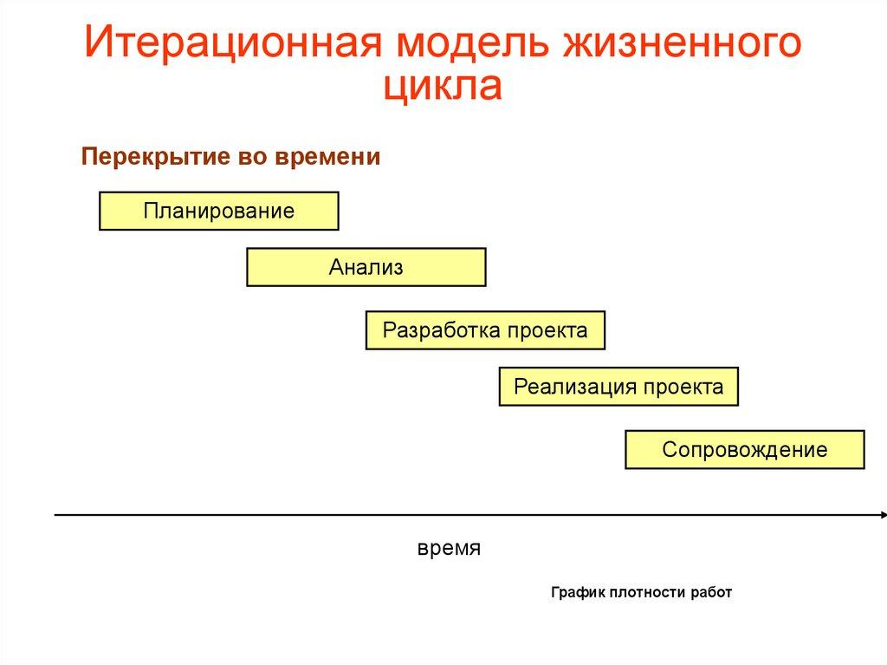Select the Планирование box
(219, 211)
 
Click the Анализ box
(366, 267)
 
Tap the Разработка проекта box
(485, 330)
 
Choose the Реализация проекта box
(618, 387)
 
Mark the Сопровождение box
(745, 450)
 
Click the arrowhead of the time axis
(880, 515)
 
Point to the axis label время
(449, 550)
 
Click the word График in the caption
(577, 593)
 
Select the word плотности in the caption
(649, 593)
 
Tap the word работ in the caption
(712, 593)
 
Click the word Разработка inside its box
(442, 330)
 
